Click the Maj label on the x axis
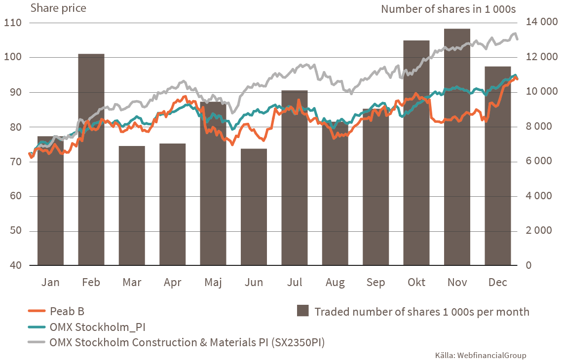(213, 283)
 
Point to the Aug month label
(335, 283)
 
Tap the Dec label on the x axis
(497, 283)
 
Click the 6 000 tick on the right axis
(540, 162)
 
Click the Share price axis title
(58, 8)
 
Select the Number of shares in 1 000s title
(449, 9)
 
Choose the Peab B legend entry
(67, 311)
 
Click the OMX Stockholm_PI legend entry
(97, 326)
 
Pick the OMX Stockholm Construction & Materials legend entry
(187, 342)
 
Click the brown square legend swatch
(303, 311)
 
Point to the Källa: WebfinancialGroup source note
(481, 355)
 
